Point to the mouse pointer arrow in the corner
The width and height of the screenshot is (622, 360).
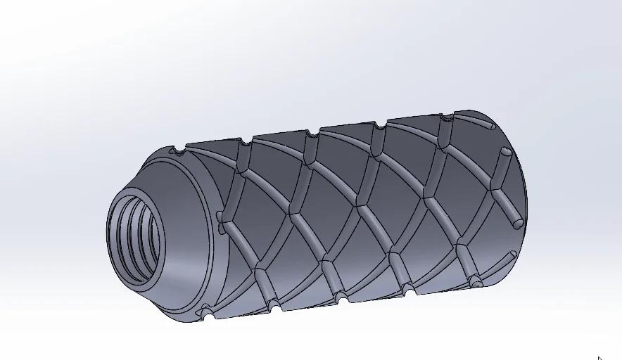click(599, 357)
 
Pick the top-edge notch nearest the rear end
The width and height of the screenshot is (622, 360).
click(445, 120)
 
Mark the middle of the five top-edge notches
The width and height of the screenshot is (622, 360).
click(312, 132)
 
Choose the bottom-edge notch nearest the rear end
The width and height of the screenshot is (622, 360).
click(476, 283)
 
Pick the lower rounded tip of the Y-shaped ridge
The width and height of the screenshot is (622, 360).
click(517, 224)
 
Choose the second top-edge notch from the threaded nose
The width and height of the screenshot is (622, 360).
click(245, 143)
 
